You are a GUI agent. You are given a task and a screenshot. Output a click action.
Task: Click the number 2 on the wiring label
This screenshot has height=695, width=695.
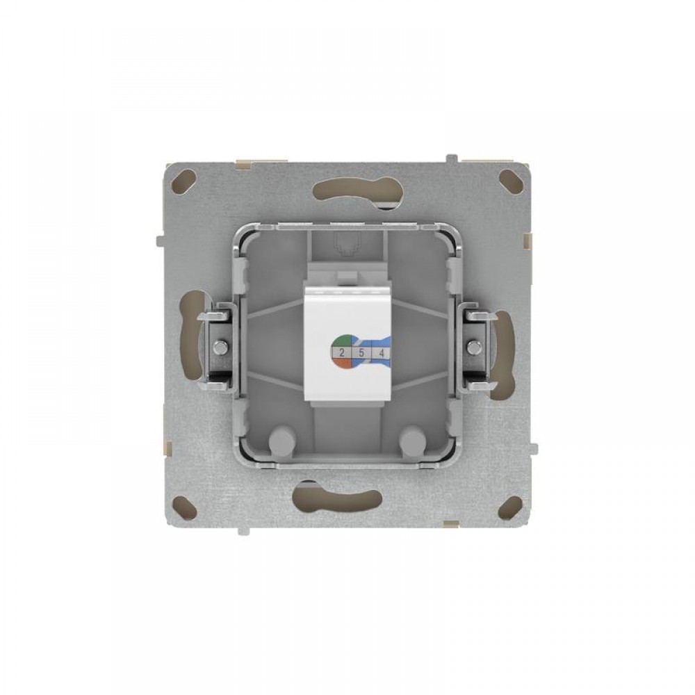click(342, 353)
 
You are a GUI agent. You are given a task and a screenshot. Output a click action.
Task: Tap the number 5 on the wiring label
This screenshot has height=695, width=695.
click(361, 353)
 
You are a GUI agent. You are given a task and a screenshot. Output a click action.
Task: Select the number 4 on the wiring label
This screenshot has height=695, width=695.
click(381, 353)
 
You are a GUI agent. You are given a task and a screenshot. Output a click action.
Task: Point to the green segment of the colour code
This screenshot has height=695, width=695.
click(343, 340)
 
